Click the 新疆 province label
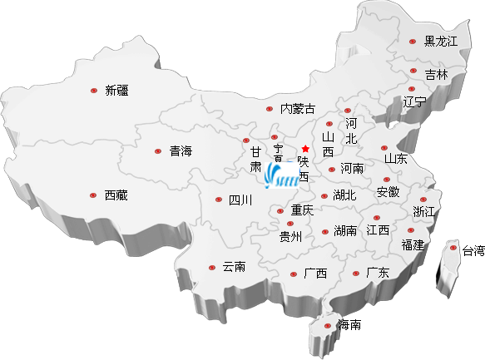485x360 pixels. (x=117, y=91)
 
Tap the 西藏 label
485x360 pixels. (x=116, y=195)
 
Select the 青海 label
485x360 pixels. (x=181, y=151)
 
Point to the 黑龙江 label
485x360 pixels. (x=441, y=41)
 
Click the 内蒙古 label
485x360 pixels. (x=298, y=108)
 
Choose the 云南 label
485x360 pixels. (x=234, y=267)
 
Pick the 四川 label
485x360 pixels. (x=240, y=200)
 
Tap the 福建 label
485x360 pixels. (x=413, y=244)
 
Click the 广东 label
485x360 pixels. (x=378, y=272)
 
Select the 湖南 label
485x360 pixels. (x=345, y=230)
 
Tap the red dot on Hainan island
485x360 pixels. (x=328, y=325)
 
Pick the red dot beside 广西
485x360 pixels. (x=294, y=274)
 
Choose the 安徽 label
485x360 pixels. (x=388, y=192)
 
